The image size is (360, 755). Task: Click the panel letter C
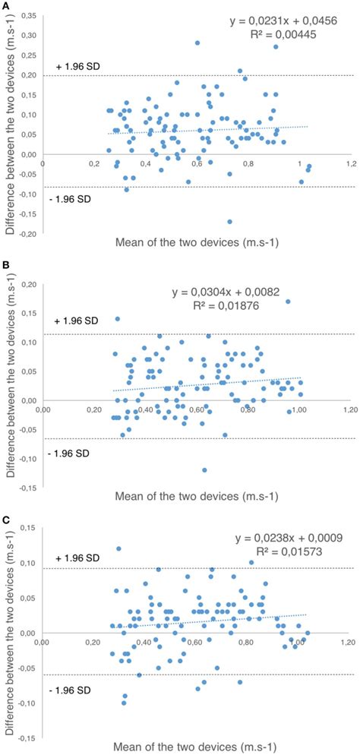6,521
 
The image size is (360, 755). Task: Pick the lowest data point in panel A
229,222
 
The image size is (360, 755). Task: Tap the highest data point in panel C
118,548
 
